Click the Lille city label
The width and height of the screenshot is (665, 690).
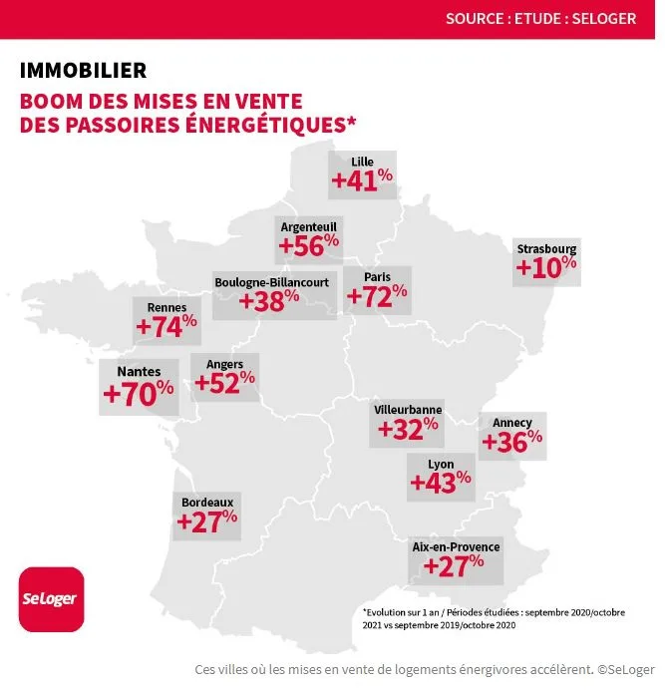(x=362, y=162)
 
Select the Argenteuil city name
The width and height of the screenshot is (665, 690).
(x=309, y=227)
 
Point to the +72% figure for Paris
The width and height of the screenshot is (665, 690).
(x=377, y=296)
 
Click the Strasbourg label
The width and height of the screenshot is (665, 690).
(x=546, y=248)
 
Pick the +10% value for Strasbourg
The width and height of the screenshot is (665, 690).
(x=546, y=267)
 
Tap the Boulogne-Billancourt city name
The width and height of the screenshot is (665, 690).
(x=272, y=282)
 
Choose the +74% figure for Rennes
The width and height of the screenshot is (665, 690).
(x=166, y=326)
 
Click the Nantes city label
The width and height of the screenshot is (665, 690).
(x=139, y=372)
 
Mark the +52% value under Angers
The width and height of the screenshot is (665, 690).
(x=225, y=382)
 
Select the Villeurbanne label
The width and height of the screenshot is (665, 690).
(x=408, y=410)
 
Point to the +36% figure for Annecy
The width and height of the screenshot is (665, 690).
(x=512, y=441)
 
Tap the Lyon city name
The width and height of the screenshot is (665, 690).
(x=441, y=465)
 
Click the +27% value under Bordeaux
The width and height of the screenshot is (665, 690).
(x=207, y=520)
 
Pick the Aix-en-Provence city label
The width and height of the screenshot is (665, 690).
(x=456, y=546)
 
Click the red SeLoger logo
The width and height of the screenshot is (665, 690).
(x=52, y=598)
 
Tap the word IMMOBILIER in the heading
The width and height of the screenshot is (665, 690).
(x=83, y=71)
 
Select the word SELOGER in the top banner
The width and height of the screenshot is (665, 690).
(x=604, y=18)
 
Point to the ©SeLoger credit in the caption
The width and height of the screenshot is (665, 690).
(x=626, y=669)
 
